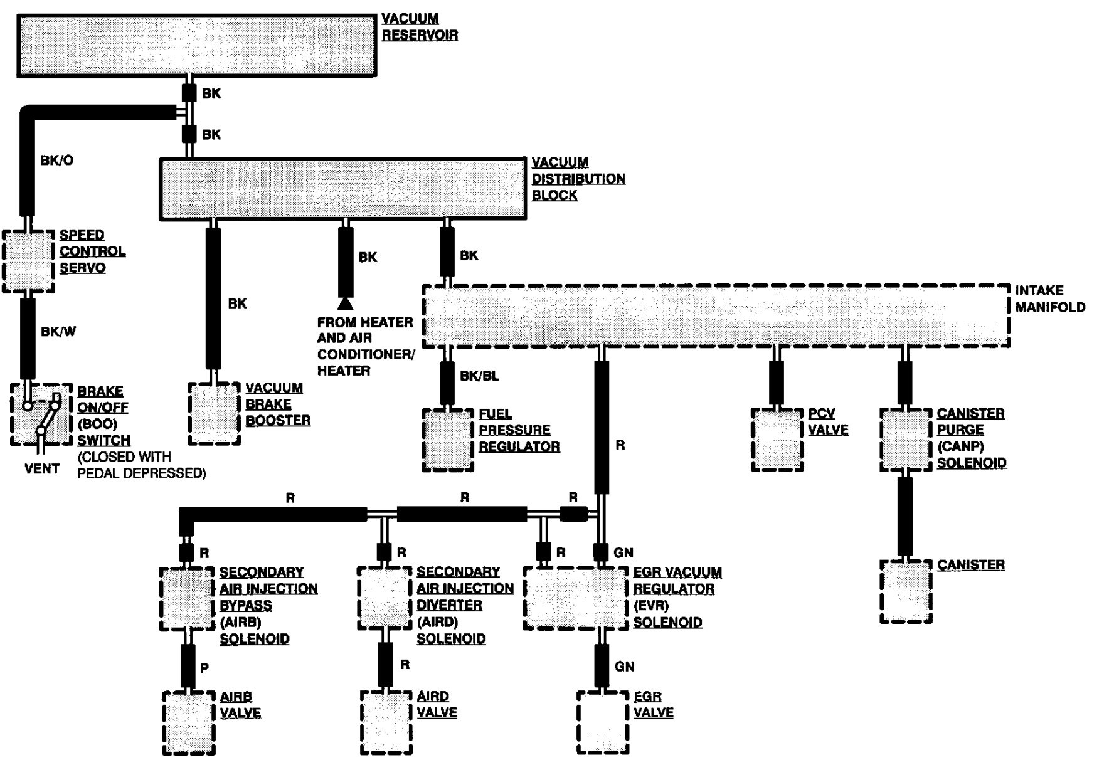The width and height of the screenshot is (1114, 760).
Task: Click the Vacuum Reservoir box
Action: pos(196,46)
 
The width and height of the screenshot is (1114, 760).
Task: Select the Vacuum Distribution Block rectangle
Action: pos(342,189)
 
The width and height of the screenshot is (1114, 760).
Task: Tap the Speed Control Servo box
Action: pos(28,261)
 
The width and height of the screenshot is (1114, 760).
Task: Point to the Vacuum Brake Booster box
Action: pos(215,414)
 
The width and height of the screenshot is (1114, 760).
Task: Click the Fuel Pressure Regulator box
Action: pos(448,440)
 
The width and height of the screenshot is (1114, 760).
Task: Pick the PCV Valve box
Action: pos(777,440)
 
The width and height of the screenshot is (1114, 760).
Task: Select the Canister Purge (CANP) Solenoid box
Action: pos(905,440)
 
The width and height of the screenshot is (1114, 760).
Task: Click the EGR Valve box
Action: pos(603,722)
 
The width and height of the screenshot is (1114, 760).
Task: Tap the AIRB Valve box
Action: pos(189,722)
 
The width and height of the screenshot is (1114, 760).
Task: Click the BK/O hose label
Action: pos(57,161)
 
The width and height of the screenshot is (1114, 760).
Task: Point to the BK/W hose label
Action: pos(58,332)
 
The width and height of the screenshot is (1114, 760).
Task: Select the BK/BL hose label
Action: pos(479,376)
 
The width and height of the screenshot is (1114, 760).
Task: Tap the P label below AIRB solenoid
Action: pos(204,668)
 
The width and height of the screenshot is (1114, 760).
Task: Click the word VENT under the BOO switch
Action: pos(42,469)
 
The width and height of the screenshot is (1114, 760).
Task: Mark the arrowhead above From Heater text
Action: pos(345,304)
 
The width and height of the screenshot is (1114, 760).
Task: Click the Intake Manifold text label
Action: pos(1049,299)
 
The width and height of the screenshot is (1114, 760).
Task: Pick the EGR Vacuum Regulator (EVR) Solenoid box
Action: pos(576,598)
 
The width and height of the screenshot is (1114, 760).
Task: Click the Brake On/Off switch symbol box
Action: pos(41,414)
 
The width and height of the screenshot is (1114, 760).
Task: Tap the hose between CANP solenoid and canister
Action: pos(905,516)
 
